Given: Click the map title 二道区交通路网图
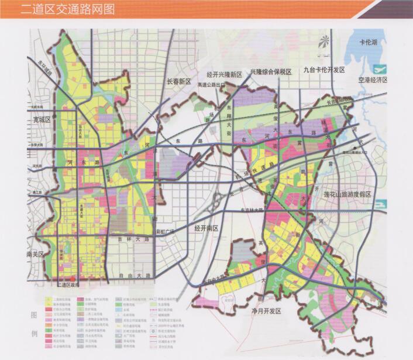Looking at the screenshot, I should pyautogui.click(x=67, y=9).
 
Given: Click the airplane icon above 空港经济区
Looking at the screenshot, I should pyautogui.click(x=381, y=67).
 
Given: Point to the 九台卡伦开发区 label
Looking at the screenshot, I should pyautogui.click(x=325, y=70).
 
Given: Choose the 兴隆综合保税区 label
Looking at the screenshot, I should pyautogui.click(x=270, y=71).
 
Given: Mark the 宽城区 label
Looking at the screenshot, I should pyautogui.click(x=43, y=119).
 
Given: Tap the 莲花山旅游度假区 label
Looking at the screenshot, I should pyautogui.click(x=364, y=194).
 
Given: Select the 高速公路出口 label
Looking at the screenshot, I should pyautogui.click(x=211, y=84).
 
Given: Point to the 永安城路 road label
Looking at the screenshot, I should pyautogui.click(x=42, y=73).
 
